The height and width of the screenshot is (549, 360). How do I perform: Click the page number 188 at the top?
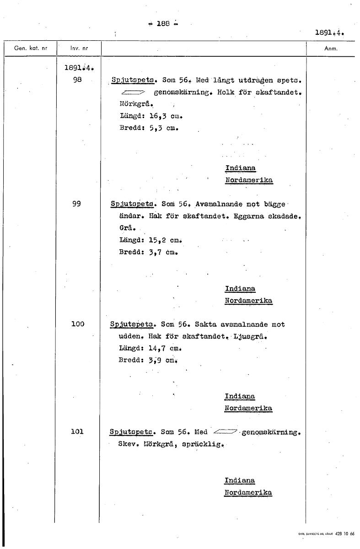click(163, 24)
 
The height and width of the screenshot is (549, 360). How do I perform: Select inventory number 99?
click(76, 204)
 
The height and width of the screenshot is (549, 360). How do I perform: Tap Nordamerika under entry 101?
click(248, 492)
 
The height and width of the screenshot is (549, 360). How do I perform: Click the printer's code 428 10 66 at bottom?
click(345, 533)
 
